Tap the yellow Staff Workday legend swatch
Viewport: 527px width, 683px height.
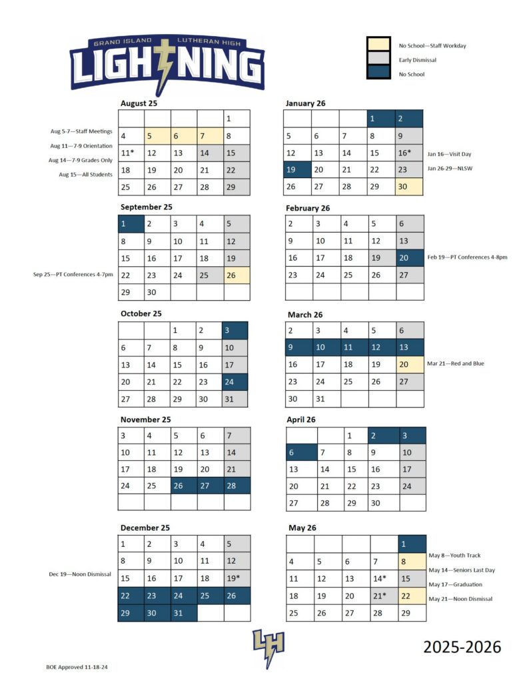pyautogui.click(x=378, y=45)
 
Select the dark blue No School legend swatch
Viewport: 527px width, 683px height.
pyautogui.click(x=378, y=72)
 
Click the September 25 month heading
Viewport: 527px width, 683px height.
pyautogui.click(x=147, y=207)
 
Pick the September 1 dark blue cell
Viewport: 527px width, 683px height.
pyautogui.click(x=131, y=224)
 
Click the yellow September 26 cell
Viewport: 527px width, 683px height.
pyautogui.click(x=237, y=275)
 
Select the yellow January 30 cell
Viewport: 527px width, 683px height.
pyautogui.click(x=408, y=187)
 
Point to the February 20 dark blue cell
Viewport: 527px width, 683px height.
pyautogui.click(x=408, y=257)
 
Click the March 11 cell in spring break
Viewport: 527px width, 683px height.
pyautogui.click(x=353, y=348)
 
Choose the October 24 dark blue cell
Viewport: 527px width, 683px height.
pyautogui.click(x=234, y=382)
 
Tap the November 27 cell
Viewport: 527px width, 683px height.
pyautogui.click(x=210, y=486)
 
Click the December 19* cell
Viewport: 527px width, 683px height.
pyautogui.click(x=237, y=578)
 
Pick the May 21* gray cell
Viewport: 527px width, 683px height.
pyautogui.click(x=383, y=596)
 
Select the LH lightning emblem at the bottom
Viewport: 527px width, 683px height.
pyautogui.click(x=268, y=647)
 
